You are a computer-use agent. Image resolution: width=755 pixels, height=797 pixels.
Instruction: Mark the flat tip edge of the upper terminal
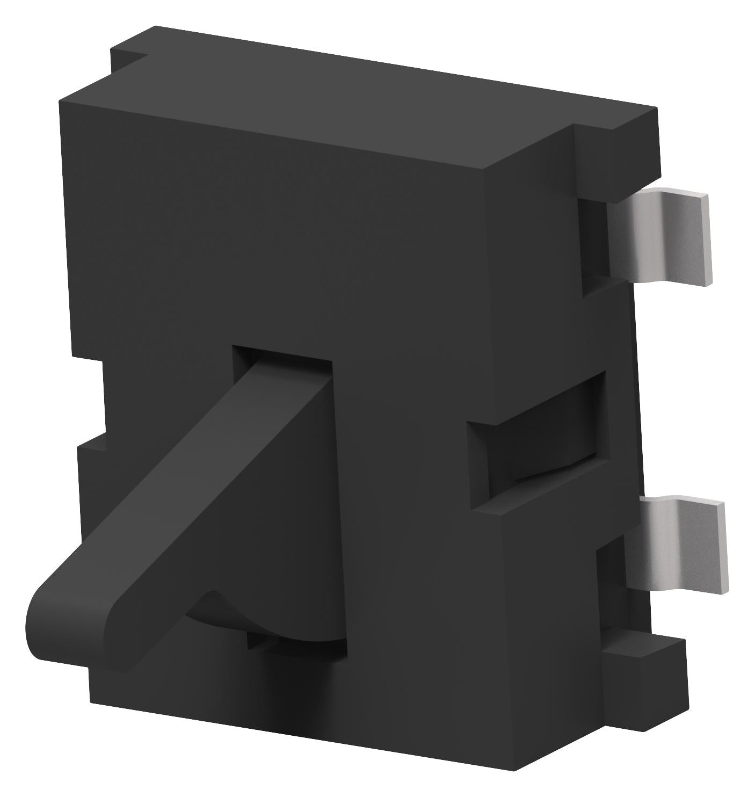click(706, 239)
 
